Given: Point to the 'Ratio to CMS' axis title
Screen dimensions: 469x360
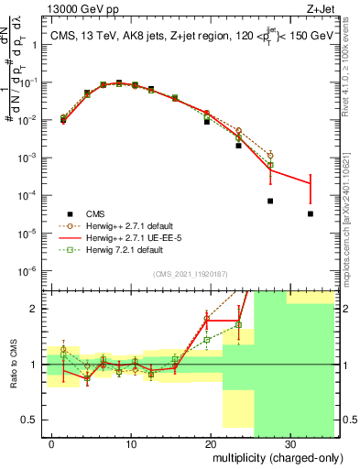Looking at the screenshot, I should (x=12, y=365).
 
